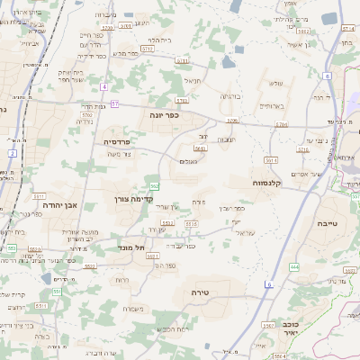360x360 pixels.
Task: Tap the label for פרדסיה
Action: click(x=118, y=141)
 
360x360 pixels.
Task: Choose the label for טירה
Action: click(x=201, y=293)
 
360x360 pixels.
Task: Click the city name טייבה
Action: click(x=328, y=221)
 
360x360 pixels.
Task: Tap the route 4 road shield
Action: click(x=104, y=86)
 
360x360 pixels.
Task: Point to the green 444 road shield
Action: click(x=294, y=267)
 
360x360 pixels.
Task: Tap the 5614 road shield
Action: click(x=271, y=159)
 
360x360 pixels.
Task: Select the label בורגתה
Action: click(x=230, y=95)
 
